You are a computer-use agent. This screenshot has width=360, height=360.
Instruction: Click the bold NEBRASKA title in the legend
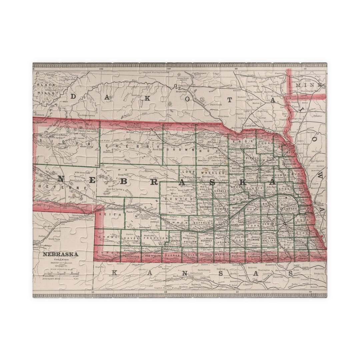60,254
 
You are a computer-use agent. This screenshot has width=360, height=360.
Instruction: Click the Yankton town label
249,126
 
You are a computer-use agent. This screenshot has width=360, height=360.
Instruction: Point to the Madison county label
252,174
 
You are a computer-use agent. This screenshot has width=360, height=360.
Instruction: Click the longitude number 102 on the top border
101,69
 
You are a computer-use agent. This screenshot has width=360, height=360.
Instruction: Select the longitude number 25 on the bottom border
93,292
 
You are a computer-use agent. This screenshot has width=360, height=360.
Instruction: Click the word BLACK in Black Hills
43,85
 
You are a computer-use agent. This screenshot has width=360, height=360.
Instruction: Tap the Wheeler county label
215,173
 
